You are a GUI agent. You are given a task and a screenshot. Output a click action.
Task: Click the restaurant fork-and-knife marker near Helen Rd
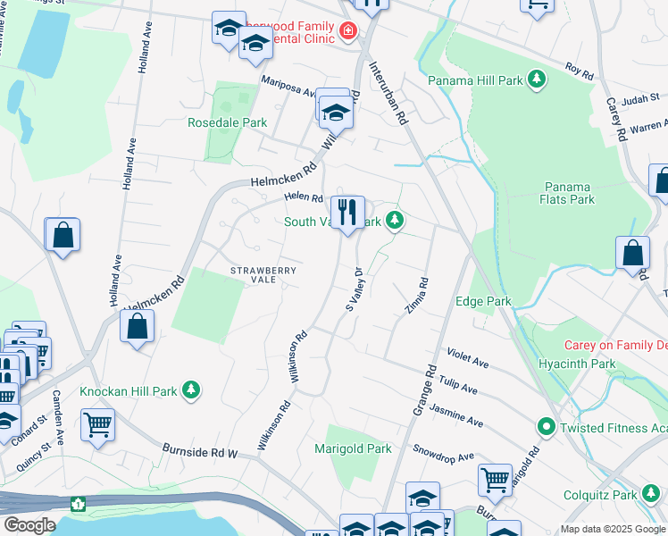point(347,213)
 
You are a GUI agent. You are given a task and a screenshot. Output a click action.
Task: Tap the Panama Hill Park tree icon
point(537,80)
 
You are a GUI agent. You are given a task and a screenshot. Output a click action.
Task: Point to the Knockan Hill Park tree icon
point(190,390)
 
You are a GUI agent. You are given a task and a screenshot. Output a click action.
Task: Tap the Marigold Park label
point(353,448)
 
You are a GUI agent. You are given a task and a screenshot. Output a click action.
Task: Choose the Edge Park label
point(483,301)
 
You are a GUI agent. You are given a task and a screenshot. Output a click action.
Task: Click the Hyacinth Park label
point(577,364)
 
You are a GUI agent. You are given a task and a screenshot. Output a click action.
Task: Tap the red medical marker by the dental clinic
point(347,34)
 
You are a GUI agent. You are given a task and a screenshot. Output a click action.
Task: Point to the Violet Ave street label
point(468,359)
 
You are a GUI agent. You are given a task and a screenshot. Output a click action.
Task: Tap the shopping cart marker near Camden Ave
point(97,425)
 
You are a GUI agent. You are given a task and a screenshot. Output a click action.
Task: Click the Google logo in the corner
point(29,525)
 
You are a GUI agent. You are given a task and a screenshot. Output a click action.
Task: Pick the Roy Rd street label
point(580,72)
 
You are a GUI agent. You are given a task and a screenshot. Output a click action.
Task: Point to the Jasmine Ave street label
point(456,415)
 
